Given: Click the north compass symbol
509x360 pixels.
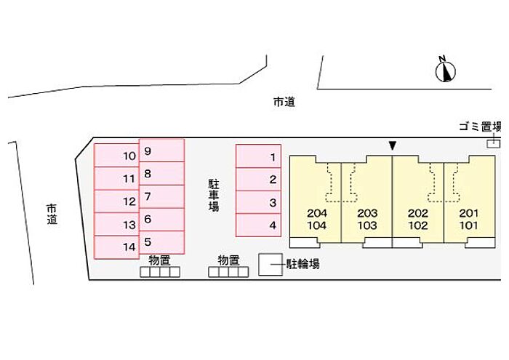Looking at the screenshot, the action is (446, 70).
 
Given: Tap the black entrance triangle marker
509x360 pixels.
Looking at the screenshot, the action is (393, 146).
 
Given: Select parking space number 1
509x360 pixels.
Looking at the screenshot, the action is (258, 156).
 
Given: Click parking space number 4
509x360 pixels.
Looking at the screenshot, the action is (258, 225).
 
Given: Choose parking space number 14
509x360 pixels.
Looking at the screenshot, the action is (116, 247).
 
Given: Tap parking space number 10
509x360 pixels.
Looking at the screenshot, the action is (116, 156).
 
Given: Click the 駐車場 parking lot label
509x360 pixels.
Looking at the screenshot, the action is (214, 191).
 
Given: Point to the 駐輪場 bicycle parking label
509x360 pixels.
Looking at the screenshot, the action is (302, 265).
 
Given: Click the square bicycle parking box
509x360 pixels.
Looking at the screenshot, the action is (270, 265).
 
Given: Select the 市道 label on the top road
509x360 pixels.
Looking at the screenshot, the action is (284, 103).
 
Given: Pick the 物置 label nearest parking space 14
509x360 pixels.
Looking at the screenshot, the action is (159, 260).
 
